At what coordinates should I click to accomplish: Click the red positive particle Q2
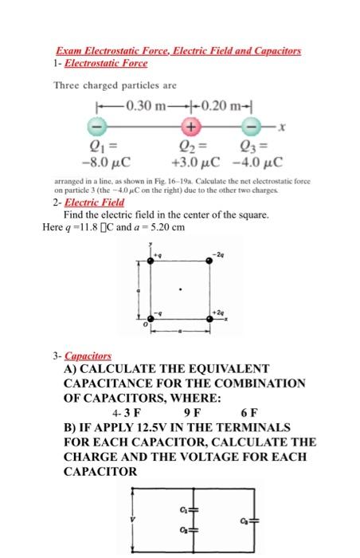point(190,126)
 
